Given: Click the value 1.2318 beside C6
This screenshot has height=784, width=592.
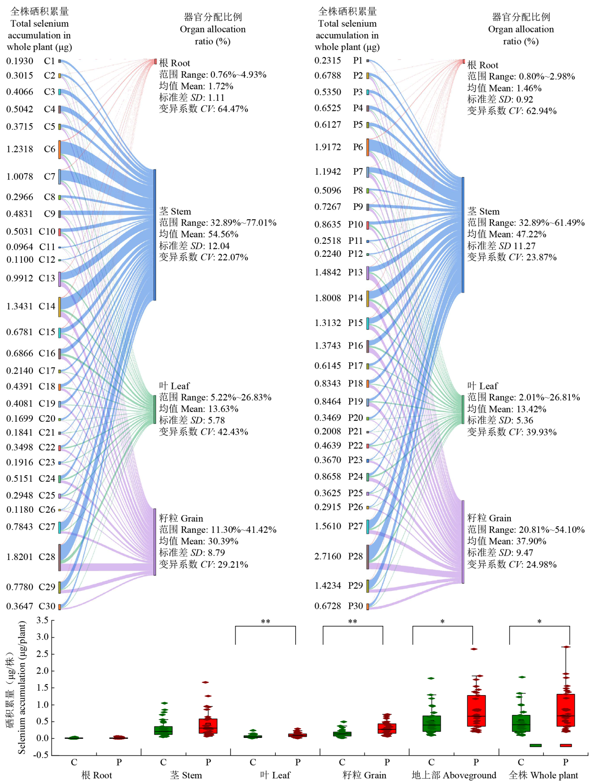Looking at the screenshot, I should point(19,149).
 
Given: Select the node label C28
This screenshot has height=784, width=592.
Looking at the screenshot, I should point(47,557).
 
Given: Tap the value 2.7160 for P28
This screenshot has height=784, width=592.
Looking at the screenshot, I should point(328,556).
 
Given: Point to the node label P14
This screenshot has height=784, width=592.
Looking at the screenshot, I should point(355,298).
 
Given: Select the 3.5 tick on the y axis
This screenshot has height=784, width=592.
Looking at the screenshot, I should point(42,620).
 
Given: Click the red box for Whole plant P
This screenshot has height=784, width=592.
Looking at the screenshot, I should point(565,710).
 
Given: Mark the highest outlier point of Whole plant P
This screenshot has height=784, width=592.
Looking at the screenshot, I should point(566,647).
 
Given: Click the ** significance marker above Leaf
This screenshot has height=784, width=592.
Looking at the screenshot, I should point(265,621).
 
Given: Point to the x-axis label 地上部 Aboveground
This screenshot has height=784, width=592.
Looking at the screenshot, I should point(454,775).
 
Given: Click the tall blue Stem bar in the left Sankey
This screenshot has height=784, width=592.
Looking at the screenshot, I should point(154,235).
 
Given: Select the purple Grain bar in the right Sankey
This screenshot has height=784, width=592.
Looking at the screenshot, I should point(463,542).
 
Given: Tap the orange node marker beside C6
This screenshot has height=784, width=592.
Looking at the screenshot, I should point(59,149).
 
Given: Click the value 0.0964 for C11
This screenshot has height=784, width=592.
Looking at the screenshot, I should point(19,247).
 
